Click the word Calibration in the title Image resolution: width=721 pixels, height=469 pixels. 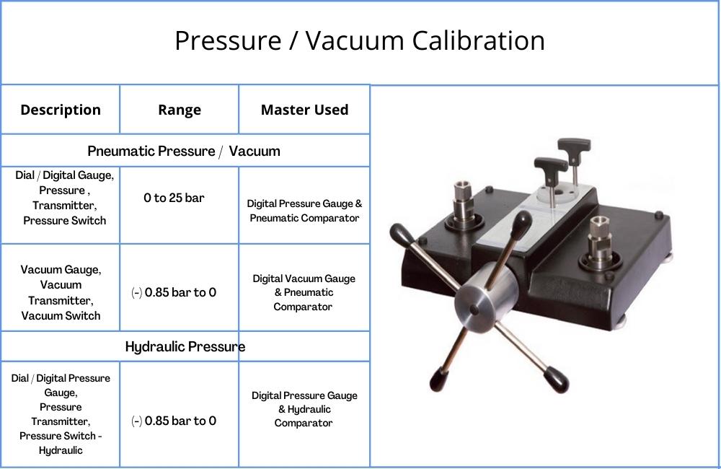pos(478,40)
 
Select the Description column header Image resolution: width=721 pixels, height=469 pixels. pos(61,110)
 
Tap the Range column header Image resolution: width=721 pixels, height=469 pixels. pos(180,110)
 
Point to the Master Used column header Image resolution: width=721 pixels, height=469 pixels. pos(304,110)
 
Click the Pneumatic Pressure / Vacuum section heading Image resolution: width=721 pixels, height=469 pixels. pos(184,151)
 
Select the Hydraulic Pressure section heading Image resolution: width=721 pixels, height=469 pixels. pos(185,346)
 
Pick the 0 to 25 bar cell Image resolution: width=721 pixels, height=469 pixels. pos(174,198)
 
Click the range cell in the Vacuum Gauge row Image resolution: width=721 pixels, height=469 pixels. pos(174,292)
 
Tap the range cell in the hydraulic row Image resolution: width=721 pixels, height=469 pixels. pos(174,421)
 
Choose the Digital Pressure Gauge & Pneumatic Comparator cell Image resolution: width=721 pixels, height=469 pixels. pos(304,211)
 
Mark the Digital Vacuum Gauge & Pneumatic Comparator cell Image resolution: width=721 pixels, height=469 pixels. pos(304,292)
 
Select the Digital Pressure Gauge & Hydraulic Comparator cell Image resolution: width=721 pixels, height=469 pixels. pos(304,409)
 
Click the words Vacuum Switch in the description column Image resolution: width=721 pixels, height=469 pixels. pos(61,316)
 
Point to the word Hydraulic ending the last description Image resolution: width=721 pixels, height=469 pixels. pos(61,450)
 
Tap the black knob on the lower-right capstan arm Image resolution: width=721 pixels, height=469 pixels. pos(557,380)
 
